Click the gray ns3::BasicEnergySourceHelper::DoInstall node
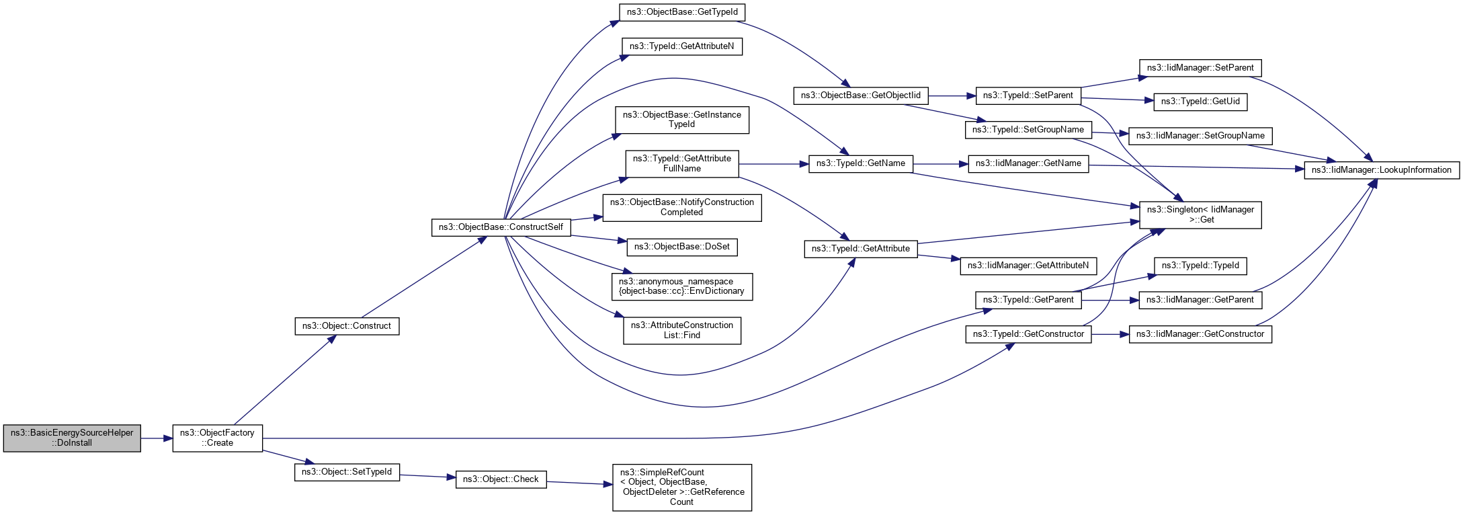pos(72,438)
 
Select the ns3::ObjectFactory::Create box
pos(217,438)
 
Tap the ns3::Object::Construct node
pos(347,326)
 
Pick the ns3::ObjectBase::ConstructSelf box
pos(501,227)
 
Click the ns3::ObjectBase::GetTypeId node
pos(682,12)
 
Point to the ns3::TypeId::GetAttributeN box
pos(682,46)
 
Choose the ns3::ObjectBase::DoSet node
pos(682,247)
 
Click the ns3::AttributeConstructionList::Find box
pos(682,330)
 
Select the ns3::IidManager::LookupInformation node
pos(1382,170)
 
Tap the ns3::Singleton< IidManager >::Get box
pos(1200,214)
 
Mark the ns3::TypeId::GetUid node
pos(1200,102)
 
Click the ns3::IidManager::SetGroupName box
pos(1200,136)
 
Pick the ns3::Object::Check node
pos(501,479)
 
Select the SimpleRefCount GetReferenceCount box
pos(682,487)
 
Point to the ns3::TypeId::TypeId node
pos(1200,266)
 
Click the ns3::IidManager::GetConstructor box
pos(1200,334)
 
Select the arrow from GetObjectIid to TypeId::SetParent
pos(952,96)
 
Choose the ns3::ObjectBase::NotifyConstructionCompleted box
pos(682,207)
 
